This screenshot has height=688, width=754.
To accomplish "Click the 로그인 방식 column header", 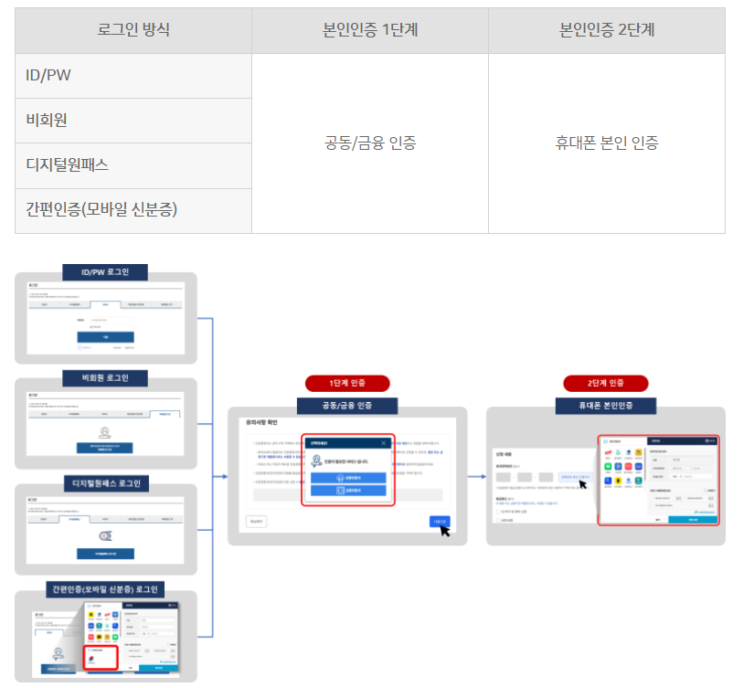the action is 133,30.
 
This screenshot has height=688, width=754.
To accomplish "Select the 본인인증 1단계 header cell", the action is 370,30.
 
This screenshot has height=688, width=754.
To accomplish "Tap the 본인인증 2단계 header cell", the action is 607,30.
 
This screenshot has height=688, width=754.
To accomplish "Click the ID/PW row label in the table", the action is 48,75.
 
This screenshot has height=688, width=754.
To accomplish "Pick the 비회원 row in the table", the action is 47,120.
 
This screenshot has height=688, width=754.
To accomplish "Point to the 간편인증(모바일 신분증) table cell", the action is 101,210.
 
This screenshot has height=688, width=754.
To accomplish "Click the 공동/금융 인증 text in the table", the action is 370,143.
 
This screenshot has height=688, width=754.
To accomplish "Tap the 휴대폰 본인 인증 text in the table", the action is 607,143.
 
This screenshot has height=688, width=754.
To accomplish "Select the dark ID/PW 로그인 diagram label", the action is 105,272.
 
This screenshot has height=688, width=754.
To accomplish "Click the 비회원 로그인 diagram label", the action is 105,378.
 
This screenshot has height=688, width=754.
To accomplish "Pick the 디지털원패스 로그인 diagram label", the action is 105,483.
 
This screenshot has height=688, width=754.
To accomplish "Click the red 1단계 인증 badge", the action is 347,383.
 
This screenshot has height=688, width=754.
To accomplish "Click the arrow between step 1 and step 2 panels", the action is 476,476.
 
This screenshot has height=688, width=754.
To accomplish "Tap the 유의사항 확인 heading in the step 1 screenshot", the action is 261,423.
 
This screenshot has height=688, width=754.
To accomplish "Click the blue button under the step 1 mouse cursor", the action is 439,521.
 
